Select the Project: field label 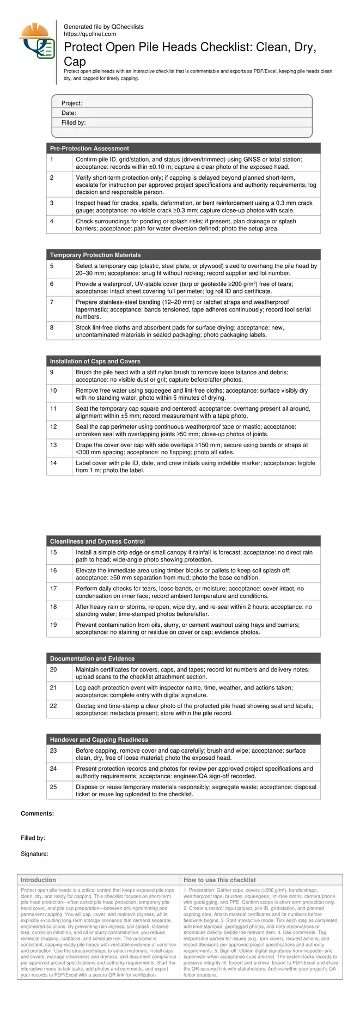pyautogui.click(x=72, y=103)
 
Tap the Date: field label pyautogui.click(x=69, y=113)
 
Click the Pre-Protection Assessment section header pyautogui.click(x=89, y=148)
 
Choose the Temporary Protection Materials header pyautogui.click(x=95, y=255)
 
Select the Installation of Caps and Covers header pyautogui.click(x=95, y=361)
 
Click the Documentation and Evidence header pyautogui.click(x=92, y=658)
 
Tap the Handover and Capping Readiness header pyautogui.click(x=99, y=740)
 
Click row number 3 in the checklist pyautogui.click(x=52, y=203)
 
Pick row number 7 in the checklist pyautogui.click(x=52, y=302)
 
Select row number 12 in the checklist pyautogui.click(x=53, y=427)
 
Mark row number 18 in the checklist pyautogui.click(x=53, y=607)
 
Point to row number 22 pyautogui.click(x=53, y=706)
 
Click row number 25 pyautogui.click(x=53, y=787)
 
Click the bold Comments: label pyautogui.click(x=38, y=814)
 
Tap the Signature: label pyautogui.click(x=35, y=854)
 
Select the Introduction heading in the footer pyautogui.click(x=38, y=880)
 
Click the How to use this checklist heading pyautogui.click(x=219, y=880)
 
